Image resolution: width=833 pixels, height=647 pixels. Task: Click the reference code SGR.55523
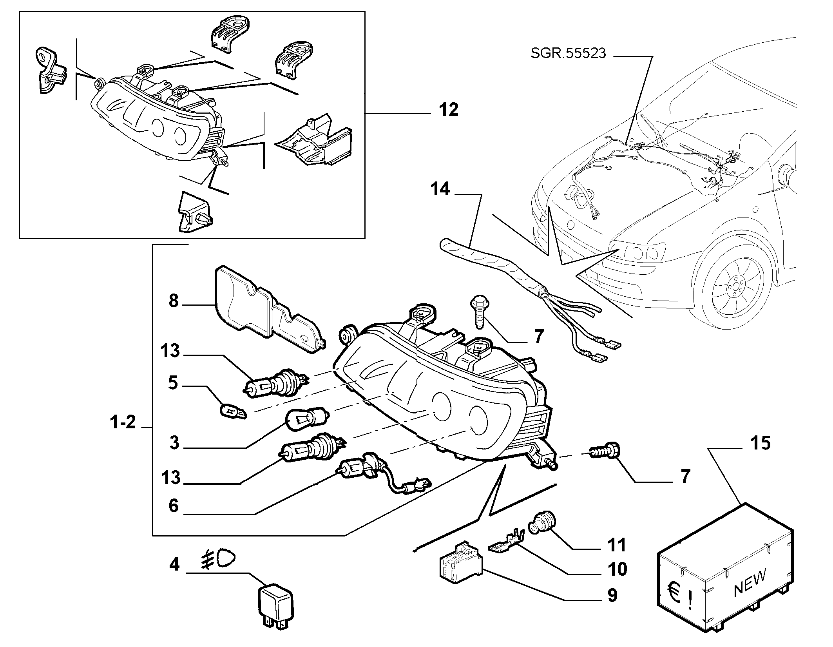(x=568, y=53)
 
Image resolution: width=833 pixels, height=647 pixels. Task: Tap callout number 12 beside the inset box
(x=448, y=110)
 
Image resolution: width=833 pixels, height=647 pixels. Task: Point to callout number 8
(x=174, y=301)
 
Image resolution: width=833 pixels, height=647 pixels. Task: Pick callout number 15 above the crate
(x=760, y=443)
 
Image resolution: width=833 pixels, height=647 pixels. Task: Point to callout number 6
(x=174, y=506)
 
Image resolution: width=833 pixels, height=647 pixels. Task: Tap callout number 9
(x=612, y=595)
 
